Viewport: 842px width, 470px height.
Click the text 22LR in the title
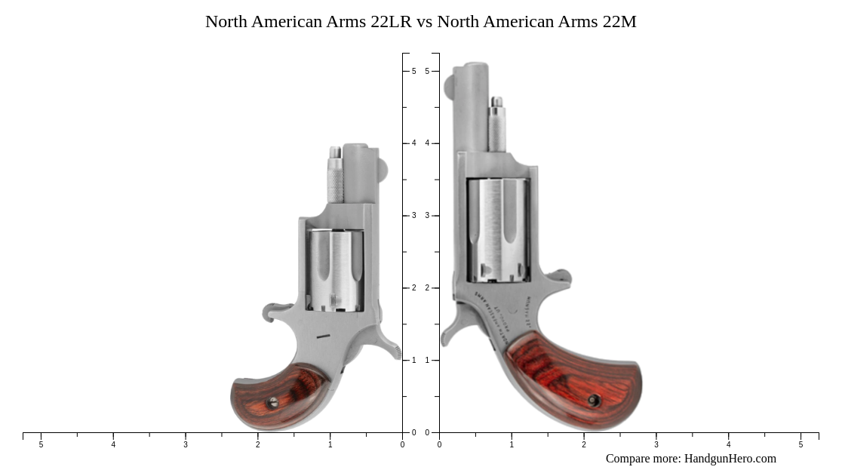[391, 22]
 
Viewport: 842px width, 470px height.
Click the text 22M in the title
[619, 22]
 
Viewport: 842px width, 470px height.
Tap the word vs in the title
[424, 22]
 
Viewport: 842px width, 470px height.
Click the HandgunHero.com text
[730, 459]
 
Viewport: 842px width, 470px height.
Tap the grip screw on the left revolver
[273, 403]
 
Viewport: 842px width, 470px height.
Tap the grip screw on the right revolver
[594, 401]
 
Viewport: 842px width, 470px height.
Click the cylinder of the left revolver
[335, 270]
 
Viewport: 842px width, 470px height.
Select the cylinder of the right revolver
[498, 229]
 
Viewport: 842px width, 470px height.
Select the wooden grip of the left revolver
[279, 396]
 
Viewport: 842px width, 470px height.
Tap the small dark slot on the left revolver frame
[323, 336]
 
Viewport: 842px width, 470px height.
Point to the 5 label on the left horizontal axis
[41, 445]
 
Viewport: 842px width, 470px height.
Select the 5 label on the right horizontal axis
[801, 445]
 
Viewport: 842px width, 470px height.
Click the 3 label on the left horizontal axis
[186, 445]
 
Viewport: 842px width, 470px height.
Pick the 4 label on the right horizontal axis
[728, 445]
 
